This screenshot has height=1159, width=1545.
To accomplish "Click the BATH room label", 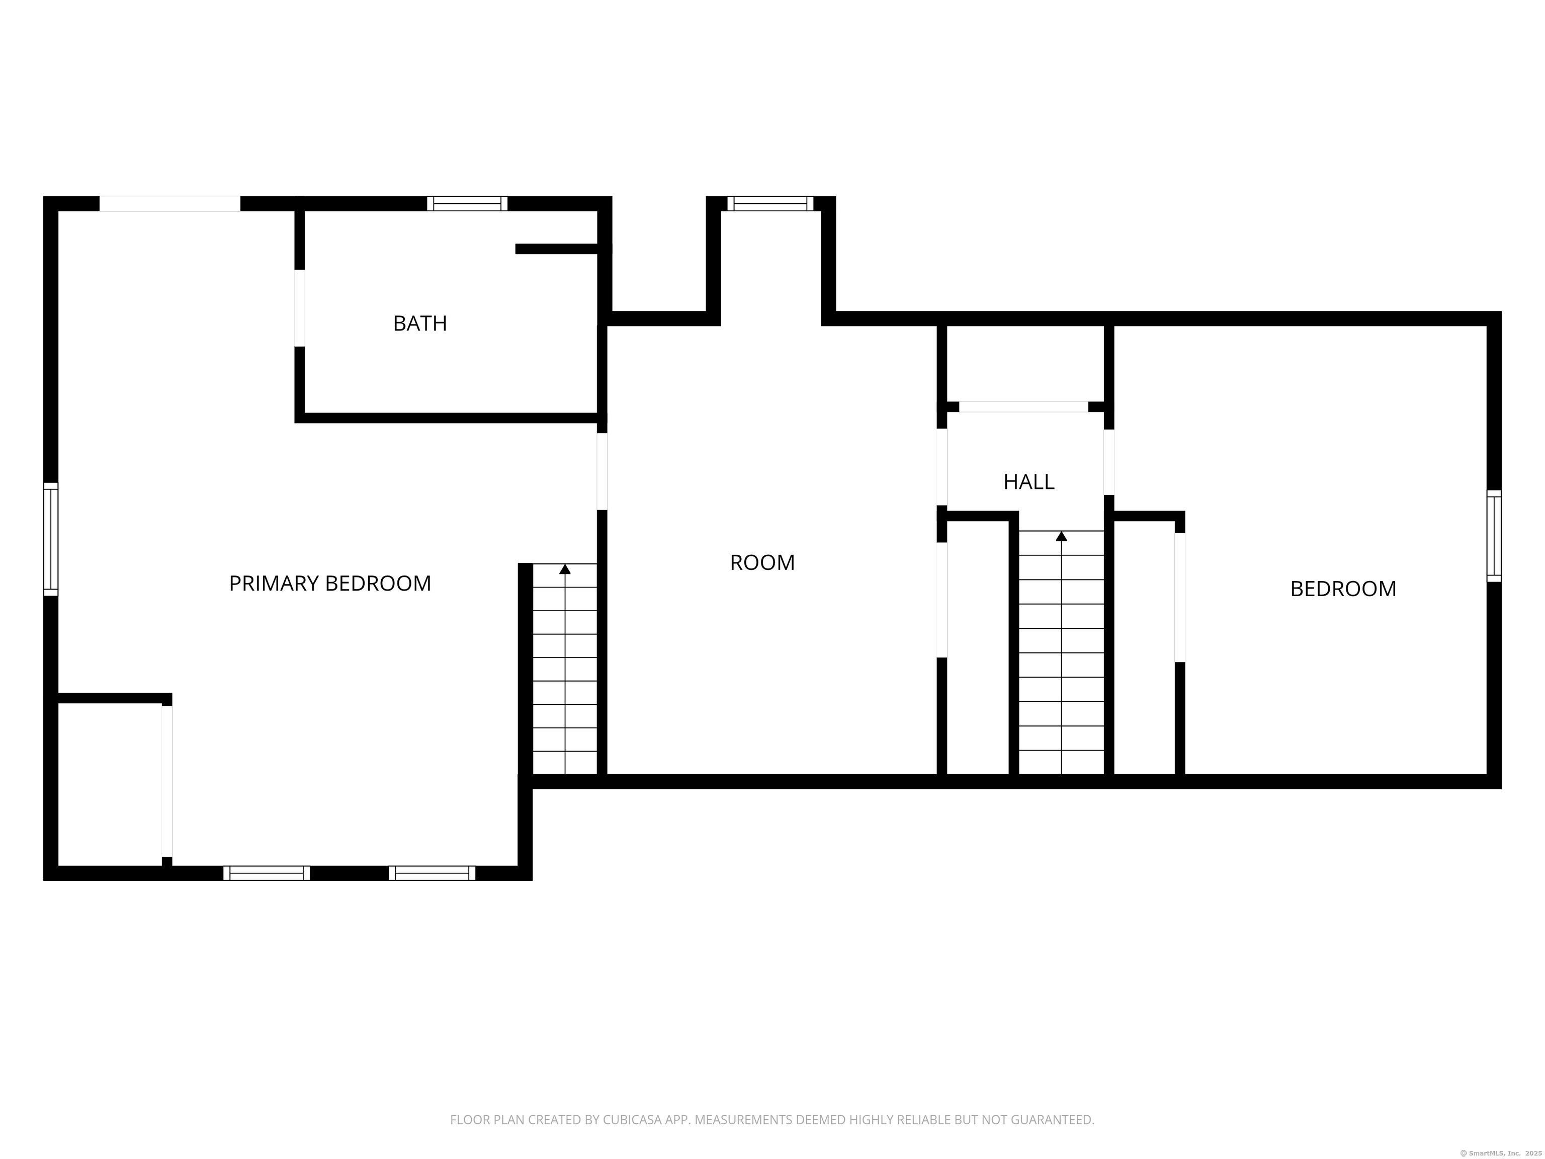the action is [420, 323].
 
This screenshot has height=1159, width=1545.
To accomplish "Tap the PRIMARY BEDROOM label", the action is [330, 584].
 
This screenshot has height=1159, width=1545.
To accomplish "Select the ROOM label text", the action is [762, 562].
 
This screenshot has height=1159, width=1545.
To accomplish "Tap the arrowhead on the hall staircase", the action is [1062, 536].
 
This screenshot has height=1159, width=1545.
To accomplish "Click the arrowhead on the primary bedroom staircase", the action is [565, 568].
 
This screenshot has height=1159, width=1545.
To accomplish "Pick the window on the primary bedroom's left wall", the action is [51, 539].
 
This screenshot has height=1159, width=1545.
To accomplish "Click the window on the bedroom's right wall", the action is [1494, 536].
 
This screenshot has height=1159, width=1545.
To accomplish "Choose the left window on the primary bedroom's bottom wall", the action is [267, 873].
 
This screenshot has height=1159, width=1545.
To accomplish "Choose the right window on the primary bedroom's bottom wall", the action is [433, 873].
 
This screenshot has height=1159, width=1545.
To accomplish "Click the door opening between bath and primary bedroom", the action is [300, 308].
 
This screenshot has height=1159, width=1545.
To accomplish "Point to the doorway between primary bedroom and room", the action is [602, 471].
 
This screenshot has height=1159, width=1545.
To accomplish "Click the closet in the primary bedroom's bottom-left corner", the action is [110, 784].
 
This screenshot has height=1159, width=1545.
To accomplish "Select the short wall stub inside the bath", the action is [557, 249].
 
